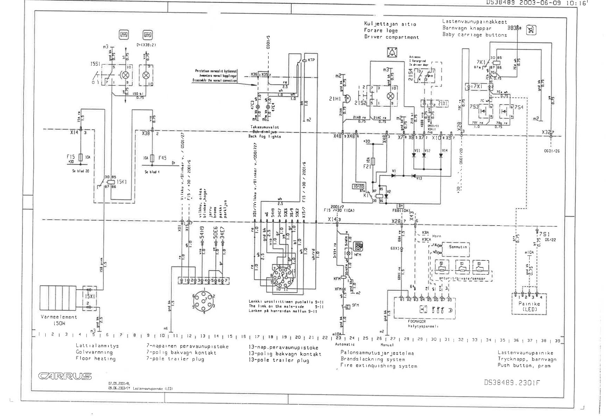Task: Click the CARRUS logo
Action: pos(65,376)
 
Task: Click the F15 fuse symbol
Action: pos(81,157)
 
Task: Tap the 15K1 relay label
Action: pos(122,182)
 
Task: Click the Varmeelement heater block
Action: pos(58,298)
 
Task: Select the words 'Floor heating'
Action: pos(96,359)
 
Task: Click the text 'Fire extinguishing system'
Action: pos(379,366)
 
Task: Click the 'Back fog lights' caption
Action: pos(264,137)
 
